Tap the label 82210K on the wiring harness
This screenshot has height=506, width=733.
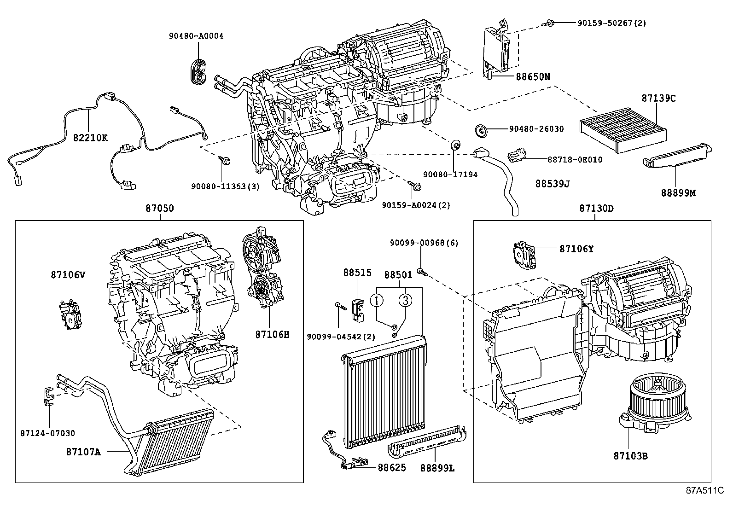[x=90, y=137]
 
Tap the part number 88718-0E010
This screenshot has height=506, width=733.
[x=575, y=159]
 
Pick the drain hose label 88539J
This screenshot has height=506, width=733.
[x=553, y=183]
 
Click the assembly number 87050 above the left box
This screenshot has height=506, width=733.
[x=160, y=208]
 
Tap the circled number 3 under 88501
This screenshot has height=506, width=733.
[x=405, y=301]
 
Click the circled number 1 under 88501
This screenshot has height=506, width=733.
[x=377, y=301]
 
